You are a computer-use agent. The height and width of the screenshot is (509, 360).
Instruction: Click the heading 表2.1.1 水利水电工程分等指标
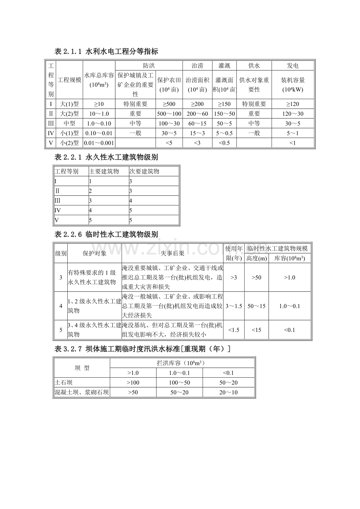(106, 51)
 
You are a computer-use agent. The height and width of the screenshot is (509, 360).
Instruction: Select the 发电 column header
(293, 66)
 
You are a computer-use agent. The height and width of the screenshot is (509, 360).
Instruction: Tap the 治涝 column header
(197, 66)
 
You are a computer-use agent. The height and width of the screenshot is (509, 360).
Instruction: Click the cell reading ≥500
(169, 104)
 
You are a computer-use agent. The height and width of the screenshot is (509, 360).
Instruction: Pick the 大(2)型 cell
(70, 114)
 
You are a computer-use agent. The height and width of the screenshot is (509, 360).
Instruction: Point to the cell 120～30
(293, 114)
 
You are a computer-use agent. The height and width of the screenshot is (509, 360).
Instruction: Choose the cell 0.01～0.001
(99, 143)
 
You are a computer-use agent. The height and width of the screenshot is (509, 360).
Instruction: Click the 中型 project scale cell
(70, 124)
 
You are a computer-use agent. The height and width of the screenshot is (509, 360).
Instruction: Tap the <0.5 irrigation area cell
(225, 143)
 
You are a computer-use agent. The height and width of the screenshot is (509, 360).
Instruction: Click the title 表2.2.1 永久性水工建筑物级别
(106, 157)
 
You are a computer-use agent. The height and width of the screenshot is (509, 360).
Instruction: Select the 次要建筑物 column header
(144, 171)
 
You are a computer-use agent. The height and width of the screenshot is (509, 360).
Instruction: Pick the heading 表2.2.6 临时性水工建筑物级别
(106, 234)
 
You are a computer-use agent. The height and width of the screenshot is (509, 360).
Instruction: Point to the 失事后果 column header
(172, 253)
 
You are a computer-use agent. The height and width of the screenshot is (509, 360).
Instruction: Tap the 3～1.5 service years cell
(234, 306)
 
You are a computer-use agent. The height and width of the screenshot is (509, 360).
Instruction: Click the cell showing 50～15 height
(256, 306)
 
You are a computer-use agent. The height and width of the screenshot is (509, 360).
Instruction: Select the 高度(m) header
(256, 258)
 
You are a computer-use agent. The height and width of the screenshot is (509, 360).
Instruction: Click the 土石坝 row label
(63, 382)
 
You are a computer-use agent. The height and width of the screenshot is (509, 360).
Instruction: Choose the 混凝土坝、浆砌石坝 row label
(81, 392)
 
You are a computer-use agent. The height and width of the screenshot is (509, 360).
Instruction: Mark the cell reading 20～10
(229, 392)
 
